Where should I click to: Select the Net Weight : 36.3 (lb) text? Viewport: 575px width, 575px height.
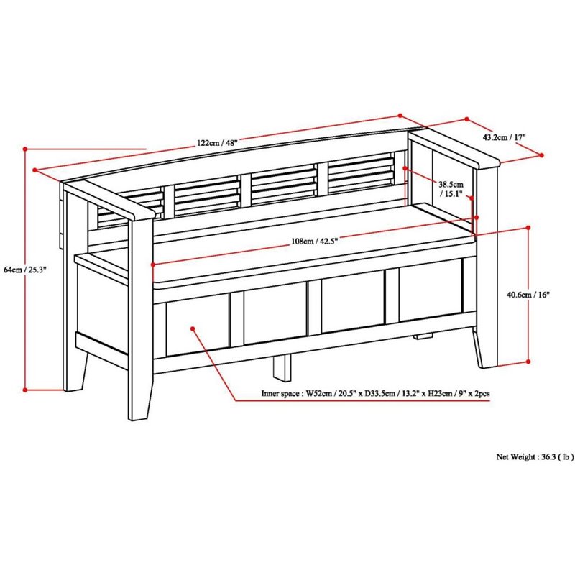[x=535, y=456]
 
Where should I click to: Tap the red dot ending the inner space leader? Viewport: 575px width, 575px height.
[x=193, y=329]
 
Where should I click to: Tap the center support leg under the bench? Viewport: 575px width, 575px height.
[x=282, y=366]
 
